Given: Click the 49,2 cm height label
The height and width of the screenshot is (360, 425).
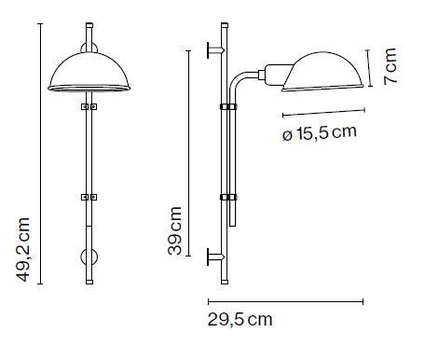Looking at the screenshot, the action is [x=23, y=250].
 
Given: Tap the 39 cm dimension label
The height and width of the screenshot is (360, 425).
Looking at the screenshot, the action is [x=174, y=230].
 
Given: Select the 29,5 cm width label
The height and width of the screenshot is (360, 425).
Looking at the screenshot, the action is [x=240, y=319].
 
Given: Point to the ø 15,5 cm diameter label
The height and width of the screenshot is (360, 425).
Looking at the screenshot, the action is [x=320, y=132].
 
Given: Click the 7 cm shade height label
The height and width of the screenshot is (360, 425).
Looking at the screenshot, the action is [x=391, y=66].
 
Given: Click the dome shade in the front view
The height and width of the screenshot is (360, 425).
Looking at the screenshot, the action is [x=89, y=72].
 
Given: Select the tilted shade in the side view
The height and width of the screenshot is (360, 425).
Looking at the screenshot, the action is [x=323, y=72].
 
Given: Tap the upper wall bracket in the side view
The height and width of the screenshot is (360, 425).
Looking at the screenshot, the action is [x=215, y=50].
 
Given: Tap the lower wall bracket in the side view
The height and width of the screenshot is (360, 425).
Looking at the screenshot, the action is [x=215, y=256].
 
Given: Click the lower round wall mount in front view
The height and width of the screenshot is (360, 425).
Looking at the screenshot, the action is [x=89, y=257].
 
